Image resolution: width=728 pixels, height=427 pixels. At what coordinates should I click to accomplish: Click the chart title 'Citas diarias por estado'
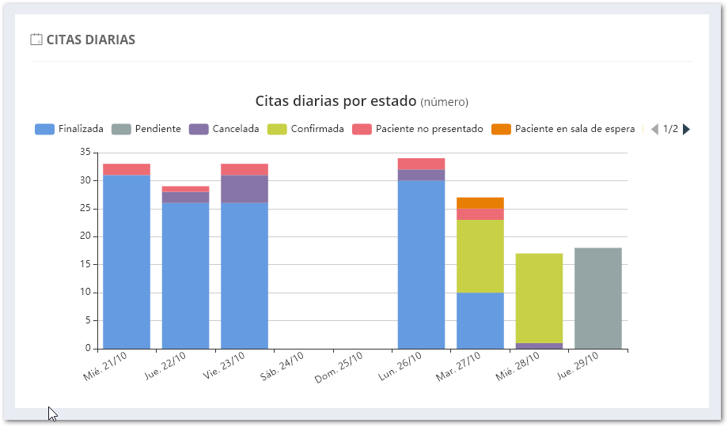pos(336,101)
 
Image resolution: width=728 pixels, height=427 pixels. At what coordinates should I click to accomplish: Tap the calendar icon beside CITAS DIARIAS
pos(36,40)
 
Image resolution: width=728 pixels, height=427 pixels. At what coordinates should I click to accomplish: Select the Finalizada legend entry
pos(70,129)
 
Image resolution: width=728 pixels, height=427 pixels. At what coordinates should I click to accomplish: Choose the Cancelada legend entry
pos(224,129)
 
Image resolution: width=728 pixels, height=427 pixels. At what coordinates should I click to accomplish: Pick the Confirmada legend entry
pos(305,129)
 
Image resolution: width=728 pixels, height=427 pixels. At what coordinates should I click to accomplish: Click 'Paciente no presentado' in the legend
pos(418,129)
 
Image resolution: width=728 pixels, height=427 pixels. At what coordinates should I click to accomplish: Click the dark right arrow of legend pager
pos(686,129)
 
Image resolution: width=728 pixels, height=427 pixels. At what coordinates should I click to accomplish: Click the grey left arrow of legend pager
pos(654,129)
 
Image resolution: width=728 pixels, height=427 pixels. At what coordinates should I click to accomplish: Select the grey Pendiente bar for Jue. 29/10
pos(598,298)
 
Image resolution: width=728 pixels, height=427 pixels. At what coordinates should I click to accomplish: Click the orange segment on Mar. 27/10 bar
pos(480,202)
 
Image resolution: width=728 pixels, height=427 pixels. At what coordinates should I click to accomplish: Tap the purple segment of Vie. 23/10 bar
pos(245,189)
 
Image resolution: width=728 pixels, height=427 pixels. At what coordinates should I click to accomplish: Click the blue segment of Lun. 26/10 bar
pos(421,265)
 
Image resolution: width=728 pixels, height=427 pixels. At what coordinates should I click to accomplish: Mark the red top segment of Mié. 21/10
pos(127,169)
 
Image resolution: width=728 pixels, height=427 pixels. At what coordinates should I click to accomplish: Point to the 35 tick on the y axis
pos(86,153)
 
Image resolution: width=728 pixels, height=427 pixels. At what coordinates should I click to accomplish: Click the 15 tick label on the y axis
pos(86,265)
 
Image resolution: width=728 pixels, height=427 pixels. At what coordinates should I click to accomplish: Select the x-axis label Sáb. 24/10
pos(282,366)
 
